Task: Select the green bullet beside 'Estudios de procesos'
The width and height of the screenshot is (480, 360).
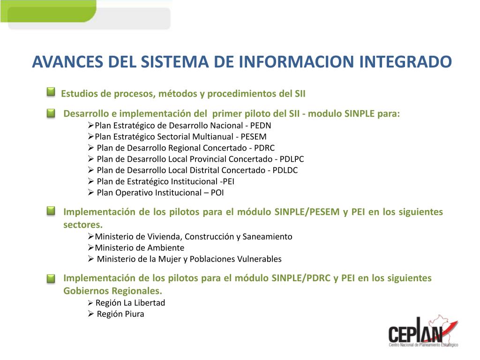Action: coord(51,92)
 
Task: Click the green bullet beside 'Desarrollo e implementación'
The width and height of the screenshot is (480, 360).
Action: coord(51,113)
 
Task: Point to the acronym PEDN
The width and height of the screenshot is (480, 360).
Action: coord(261,126)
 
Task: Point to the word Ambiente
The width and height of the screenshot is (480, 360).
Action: coord(166,248)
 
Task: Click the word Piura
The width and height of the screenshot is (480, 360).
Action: coord(134,314)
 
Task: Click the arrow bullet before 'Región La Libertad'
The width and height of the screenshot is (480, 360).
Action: coord(91,303)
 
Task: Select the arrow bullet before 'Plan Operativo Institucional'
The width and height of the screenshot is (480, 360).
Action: coord(91,193)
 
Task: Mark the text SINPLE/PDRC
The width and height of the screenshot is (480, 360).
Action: coord(301,278)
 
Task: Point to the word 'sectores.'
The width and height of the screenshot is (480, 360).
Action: coord(82,224)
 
